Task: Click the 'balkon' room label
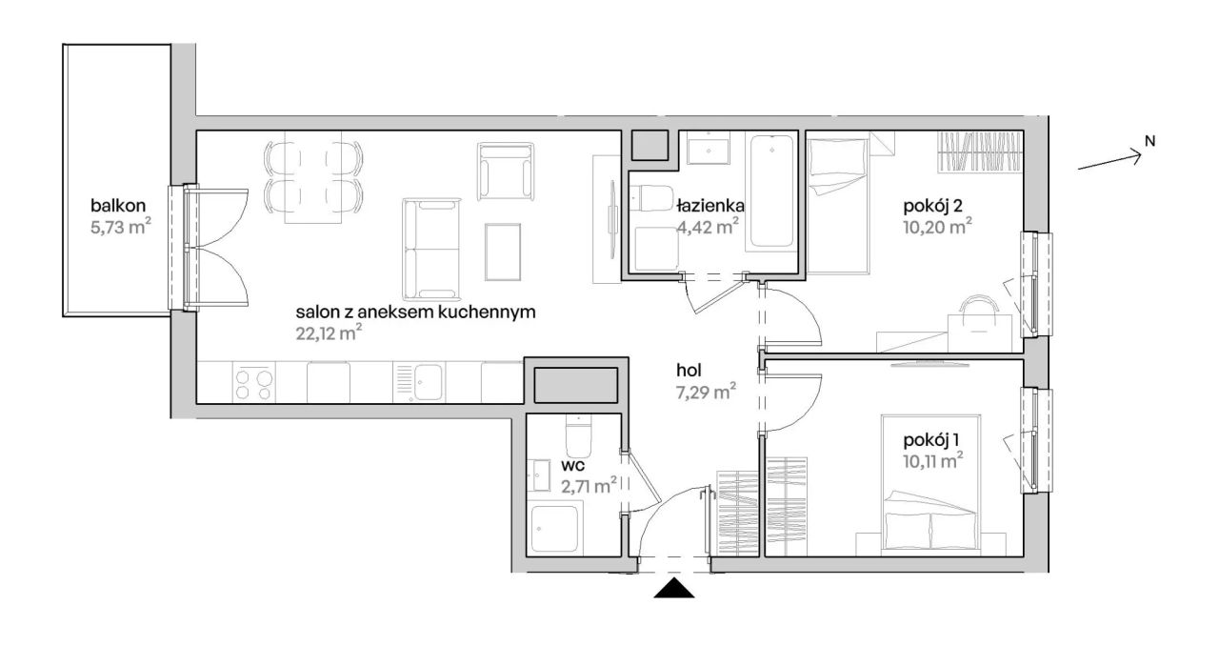tap(118, 206)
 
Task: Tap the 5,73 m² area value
tap(121, 227)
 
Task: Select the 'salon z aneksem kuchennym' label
tap(416, 312)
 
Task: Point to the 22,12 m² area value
tap(329, 333)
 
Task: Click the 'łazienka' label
tap(710, 206)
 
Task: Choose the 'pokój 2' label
tap(932, 206)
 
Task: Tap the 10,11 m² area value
tap(932, 461)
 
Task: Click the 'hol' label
tap(689, 371)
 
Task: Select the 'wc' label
tap(572, 466)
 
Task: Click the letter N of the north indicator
tap(1149, 141)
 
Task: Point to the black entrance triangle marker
tap(673, 588)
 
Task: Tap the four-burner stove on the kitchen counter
tap(253, 384)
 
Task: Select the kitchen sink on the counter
tap(418, 382)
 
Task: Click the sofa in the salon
tap(431, 250)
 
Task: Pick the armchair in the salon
tap(505, 172)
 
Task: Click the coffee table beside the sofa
tap(502, 252)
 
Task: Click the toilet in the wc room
tap(578, 435)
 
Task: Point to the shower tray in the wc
tap(554, 528)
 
